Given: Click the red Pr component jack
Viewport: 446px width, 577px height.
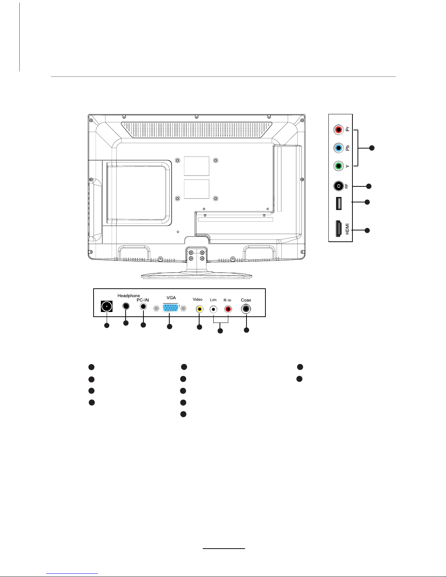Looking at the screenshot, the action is coord(338,130).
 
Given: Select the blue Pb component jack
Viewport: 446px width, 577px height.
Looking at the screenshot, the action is coord(338,148).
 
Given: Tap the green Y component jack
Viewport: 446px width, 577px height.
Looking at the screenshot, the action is coord(338,166).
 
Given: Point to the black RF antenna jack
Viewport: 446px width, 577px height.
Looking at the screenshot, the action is coord(338,186).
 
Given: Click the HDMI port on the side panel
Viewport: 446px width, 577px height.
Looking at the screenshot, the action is coord(339,228).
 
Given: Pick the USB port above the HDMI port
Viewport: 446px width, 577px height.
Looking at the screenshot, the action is coord(339,203).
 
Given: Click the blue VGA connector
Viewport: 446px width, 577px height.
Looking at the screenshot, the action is coord(170,308).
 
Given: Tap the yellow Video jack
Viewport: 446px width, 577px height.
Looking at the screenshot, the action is coord(200,309).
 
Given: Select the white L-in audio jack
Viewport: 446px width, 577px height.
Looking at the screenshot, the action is coord(213,309).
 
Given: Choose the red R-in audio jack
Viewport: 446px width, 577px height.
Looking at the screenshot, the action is coord(228,309).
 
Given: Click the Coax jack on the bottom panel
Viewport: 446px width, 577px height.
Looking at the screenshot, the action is coord(246,309).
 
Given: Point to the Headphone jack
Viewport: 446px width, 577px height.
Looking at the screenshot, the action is coord(126,306).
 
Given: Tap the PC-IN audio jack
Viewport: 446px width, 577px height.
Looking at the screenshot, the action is coord(143,307).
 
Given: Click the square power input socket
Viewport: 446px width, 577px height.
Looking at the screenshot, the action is coord(107,307).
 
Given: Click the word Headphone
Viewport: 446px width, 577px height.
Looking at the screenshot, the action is coord(129,296).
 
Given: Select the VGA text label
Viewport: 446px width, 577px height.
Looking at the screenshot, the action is coord(171,298).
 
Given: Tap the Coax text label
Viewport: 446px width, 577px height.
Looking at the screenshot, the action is coord(246,300).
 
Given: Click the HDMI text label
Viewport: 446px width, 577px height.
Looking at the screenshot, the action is coord(347,229).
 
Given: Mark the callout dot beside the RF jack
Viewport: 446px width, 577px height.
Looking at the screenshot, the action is coord(368,186).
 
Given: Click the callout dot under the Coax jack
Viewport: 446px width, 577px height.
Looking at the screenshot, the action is coord(246,330).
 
